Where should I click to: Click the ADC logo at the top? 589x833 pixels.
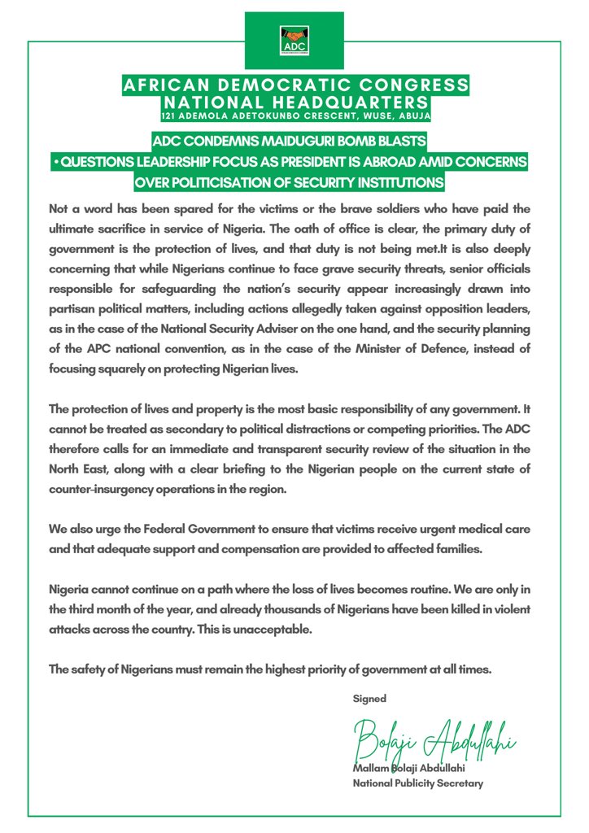tap(294, 37)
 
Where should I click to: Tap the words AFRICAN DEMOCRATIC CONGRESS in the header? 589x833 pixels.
tap(294, 85)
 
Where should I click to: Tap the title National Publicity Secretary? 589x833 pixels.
tap(417, 784)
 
